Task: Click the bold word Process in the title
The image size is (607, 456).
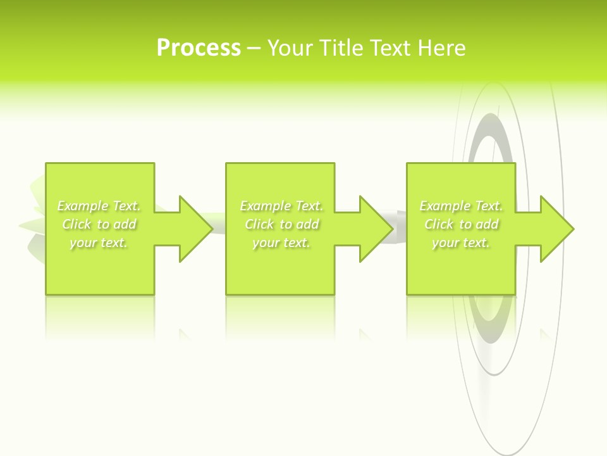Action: pos(199,48)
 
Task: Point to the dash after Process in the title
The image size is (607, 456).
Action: pos(254,49)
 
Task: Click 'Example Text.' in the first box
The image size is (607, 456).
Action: pos(99,206)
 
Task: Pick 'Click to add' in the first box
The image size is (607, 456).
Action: pos(99,224)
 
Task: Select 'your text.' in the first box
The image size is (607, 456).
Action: pos(99,243)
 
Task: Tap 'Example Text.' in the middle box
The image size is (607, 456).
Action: pos(281,206)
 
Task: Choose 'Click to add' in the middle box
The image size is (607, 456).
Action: pos(281,224)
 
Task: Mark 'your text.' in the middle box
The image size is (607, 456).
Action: pos(281,243)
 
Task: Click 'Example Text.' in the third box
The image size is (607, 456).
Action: pos(461,206)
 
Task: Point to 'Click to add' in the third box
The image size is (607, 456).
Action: pos(461,224)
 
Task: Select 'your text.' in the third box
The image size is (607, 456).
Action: pos(461,243)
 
